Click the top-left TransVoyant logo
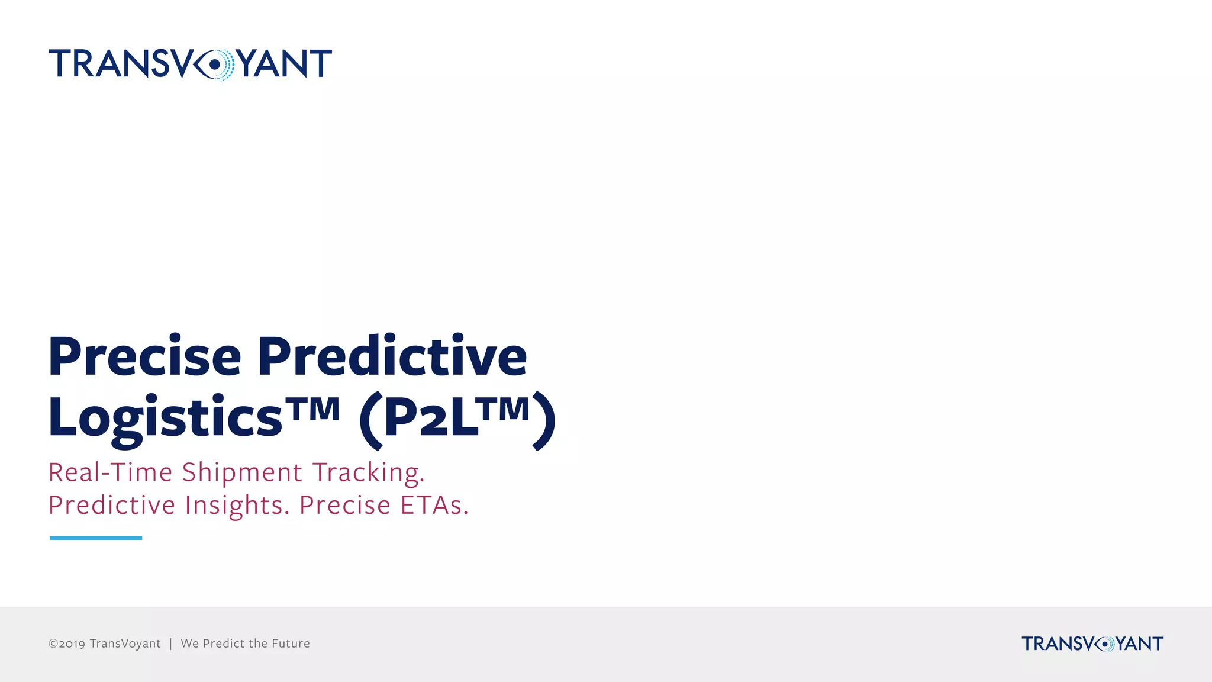pos(190,63)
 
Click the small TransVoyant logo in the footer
pos(1092,644)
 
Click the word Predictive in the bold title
pos(392,356)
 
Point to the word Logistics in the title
pos(165,418)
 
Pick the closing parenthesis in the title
pos(544,420)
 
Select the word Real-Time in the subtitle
pos(110,472)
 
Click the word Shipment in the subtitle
pos(242,472)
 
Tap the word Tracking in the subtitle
pos(368,472)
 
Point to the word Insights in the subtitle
pos(237,505)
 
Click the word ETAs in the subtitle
pos(434,505)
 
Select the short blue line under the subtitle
pos(96,538)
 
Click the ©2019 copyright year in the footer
pos(67,644)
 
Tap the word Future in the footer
pos(291,644)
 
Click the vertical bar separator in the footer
pos(170,644)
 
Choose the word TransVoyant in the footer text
pos(125,644)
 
